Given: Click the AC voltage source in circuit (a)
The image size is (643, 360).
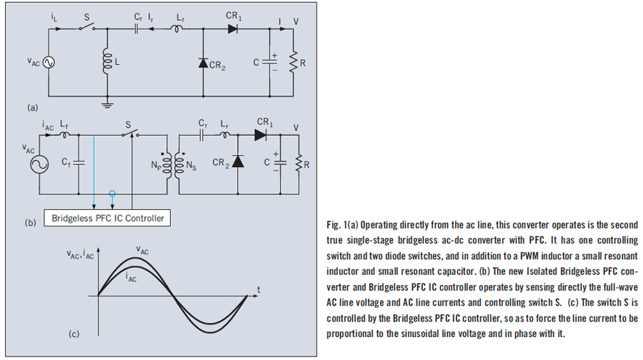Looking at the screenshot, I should (50, 63).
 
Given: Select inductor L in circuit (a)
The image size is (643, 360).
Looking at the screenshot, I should (107, 63).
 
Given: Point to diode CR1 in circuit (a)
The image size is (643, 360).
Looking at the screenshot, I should (232, 29).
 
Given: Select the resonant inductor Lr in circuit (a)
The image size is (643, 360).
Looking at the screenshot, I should (174, 29).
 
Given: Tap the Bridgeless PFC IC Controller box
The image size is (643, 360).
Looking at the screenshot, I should (108, 218).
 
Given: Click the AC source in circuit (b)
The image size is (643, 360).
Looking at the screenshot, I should (38, 164).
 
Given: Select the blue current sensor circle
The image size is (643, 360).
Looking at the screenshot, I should (110, 194).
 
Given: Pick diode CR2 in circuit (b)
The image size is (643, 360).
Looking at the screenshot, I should (237, 163).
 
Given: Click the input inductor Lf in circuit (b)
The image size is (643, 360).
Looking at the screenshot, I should (66, 134).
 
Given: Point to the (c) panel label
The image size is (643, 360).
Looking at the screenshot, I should (74, 334).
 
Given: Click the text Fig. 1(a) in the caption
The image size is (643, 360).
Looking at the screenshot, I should (346, 224).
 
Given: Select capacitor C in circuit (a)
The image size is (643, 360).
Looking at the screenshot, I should (270, 62).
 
